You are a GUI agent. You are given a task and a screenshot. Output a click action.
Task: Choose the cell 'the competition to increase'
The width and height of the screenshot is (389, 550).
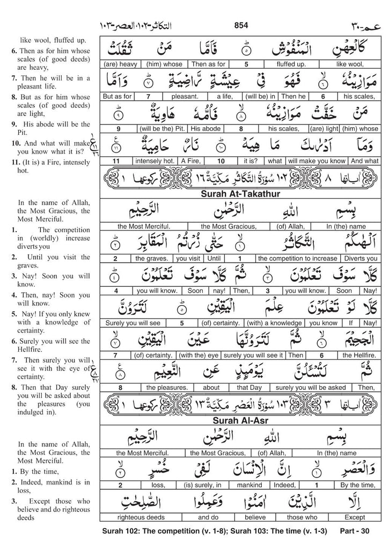298,258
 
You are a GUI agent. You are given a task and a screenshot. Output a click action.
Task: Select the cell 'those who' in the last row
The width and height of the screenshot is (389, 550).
290,519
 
